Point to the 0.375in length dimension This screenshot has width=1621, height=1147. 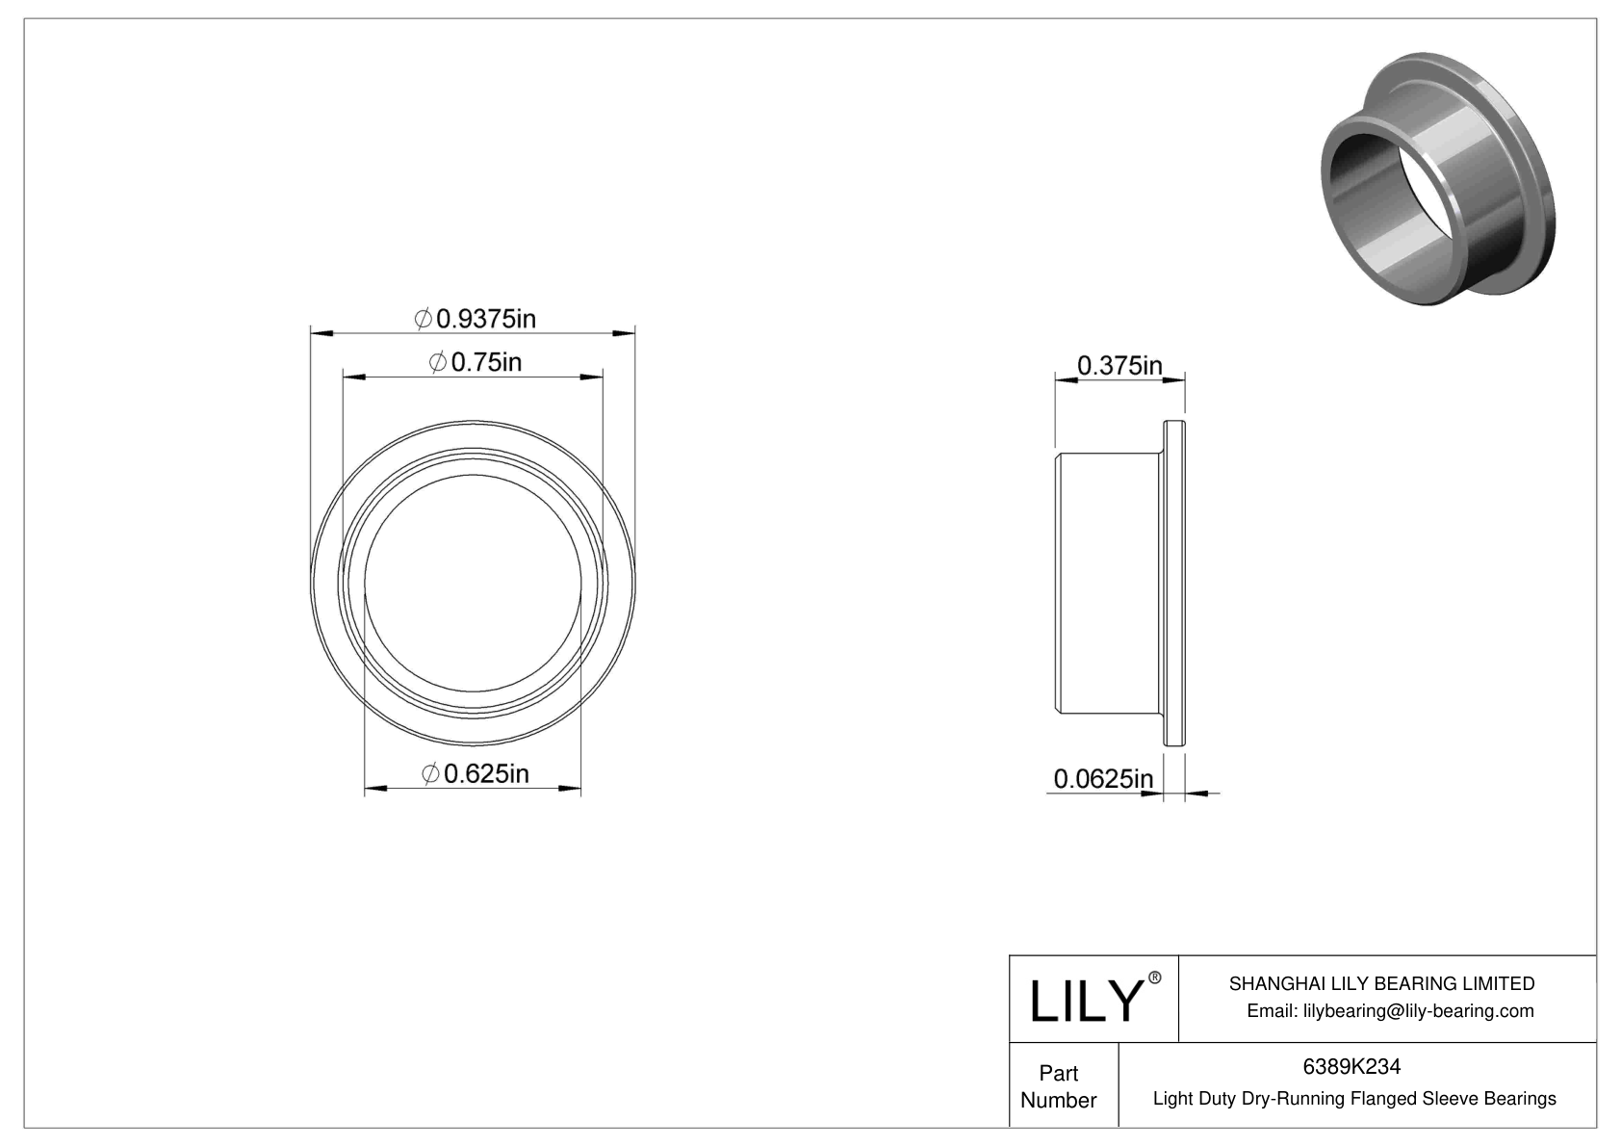[x=1119, y=366]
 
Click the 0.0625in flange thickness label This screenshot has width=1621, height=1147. [x=1102, y=778]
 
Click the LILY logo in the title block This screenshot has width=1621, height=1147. [x=1086, y=1001]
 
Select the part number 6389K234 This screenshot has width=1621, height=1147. [x=1351, y=1066]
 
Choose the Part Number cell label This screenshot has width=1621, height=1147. [x=1058, y=1086]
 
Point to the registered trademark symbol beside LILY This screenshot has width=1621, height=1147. [x=1155, y=978]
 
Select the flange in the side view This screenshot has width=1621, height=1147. [x=1175, y=584]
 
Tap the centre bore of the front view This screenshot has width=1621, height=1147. [x=474, y=584]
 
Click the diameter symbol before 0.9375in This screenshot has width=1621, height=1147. [x=423, y=318]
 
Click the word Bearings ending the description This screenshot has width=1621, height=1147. [x=1522, y=1098]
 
